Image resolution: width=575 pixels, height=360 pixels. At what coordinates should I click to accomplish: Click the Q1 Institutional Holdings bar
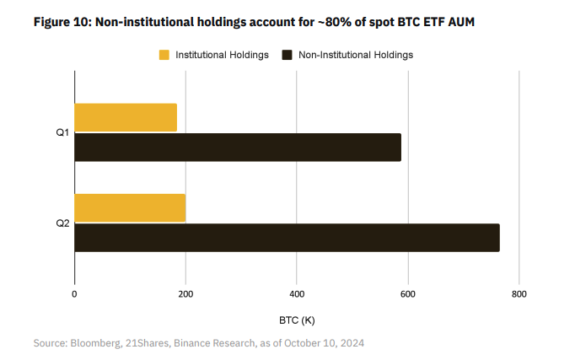[x=126, y=117]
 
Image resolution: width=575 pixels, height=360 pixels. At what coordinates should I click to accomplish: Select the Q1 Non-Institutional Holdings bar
[x=238, y=148]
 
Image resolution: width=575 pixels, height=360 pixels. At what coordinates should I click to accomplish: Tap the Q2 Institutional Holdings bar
[x=130, y=207]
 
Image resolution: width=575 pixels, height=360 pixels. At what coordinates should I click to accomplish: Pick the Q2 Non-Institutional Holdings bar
[x=287, y=238]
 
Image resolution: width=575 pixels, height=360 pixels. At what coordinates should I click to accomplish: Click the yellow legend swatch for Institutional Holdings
[x=164, y=55]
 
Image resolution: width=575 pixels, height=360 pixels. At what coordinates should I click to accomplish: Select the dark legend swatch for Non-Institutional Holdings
[x=287, y=55]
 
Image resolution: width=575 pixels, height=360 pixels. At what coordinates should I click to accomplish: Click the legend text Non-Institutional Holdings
[x=356, y=55]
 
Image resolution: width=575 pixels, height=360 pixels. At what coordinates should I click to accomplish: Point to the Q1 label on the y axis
[x=62, y=133]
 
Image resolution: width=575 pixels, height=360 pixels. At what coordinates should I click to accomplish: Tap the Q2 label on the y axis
[x=62, y=223]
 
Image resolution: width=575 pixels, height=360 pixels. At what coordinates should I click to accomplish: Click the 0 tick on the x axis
[x=74, y=294]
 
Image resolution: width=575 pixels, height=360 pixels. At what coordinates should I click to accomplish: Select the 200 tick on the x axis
[x=185, y=294]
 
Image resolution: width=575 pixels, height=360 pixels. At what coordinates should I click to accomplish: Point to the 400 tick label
[x=297, y=294]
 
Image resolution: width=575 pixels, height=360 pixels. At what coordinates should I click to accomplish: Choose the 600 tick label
[x=407, y=294]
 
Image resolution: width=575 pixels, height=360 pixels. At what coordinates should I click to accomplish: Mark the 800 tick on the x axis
[x=519, y=294]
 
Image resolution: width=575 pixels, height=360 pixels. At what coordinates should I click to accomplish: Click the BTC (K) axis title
[x=297, y=320]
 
